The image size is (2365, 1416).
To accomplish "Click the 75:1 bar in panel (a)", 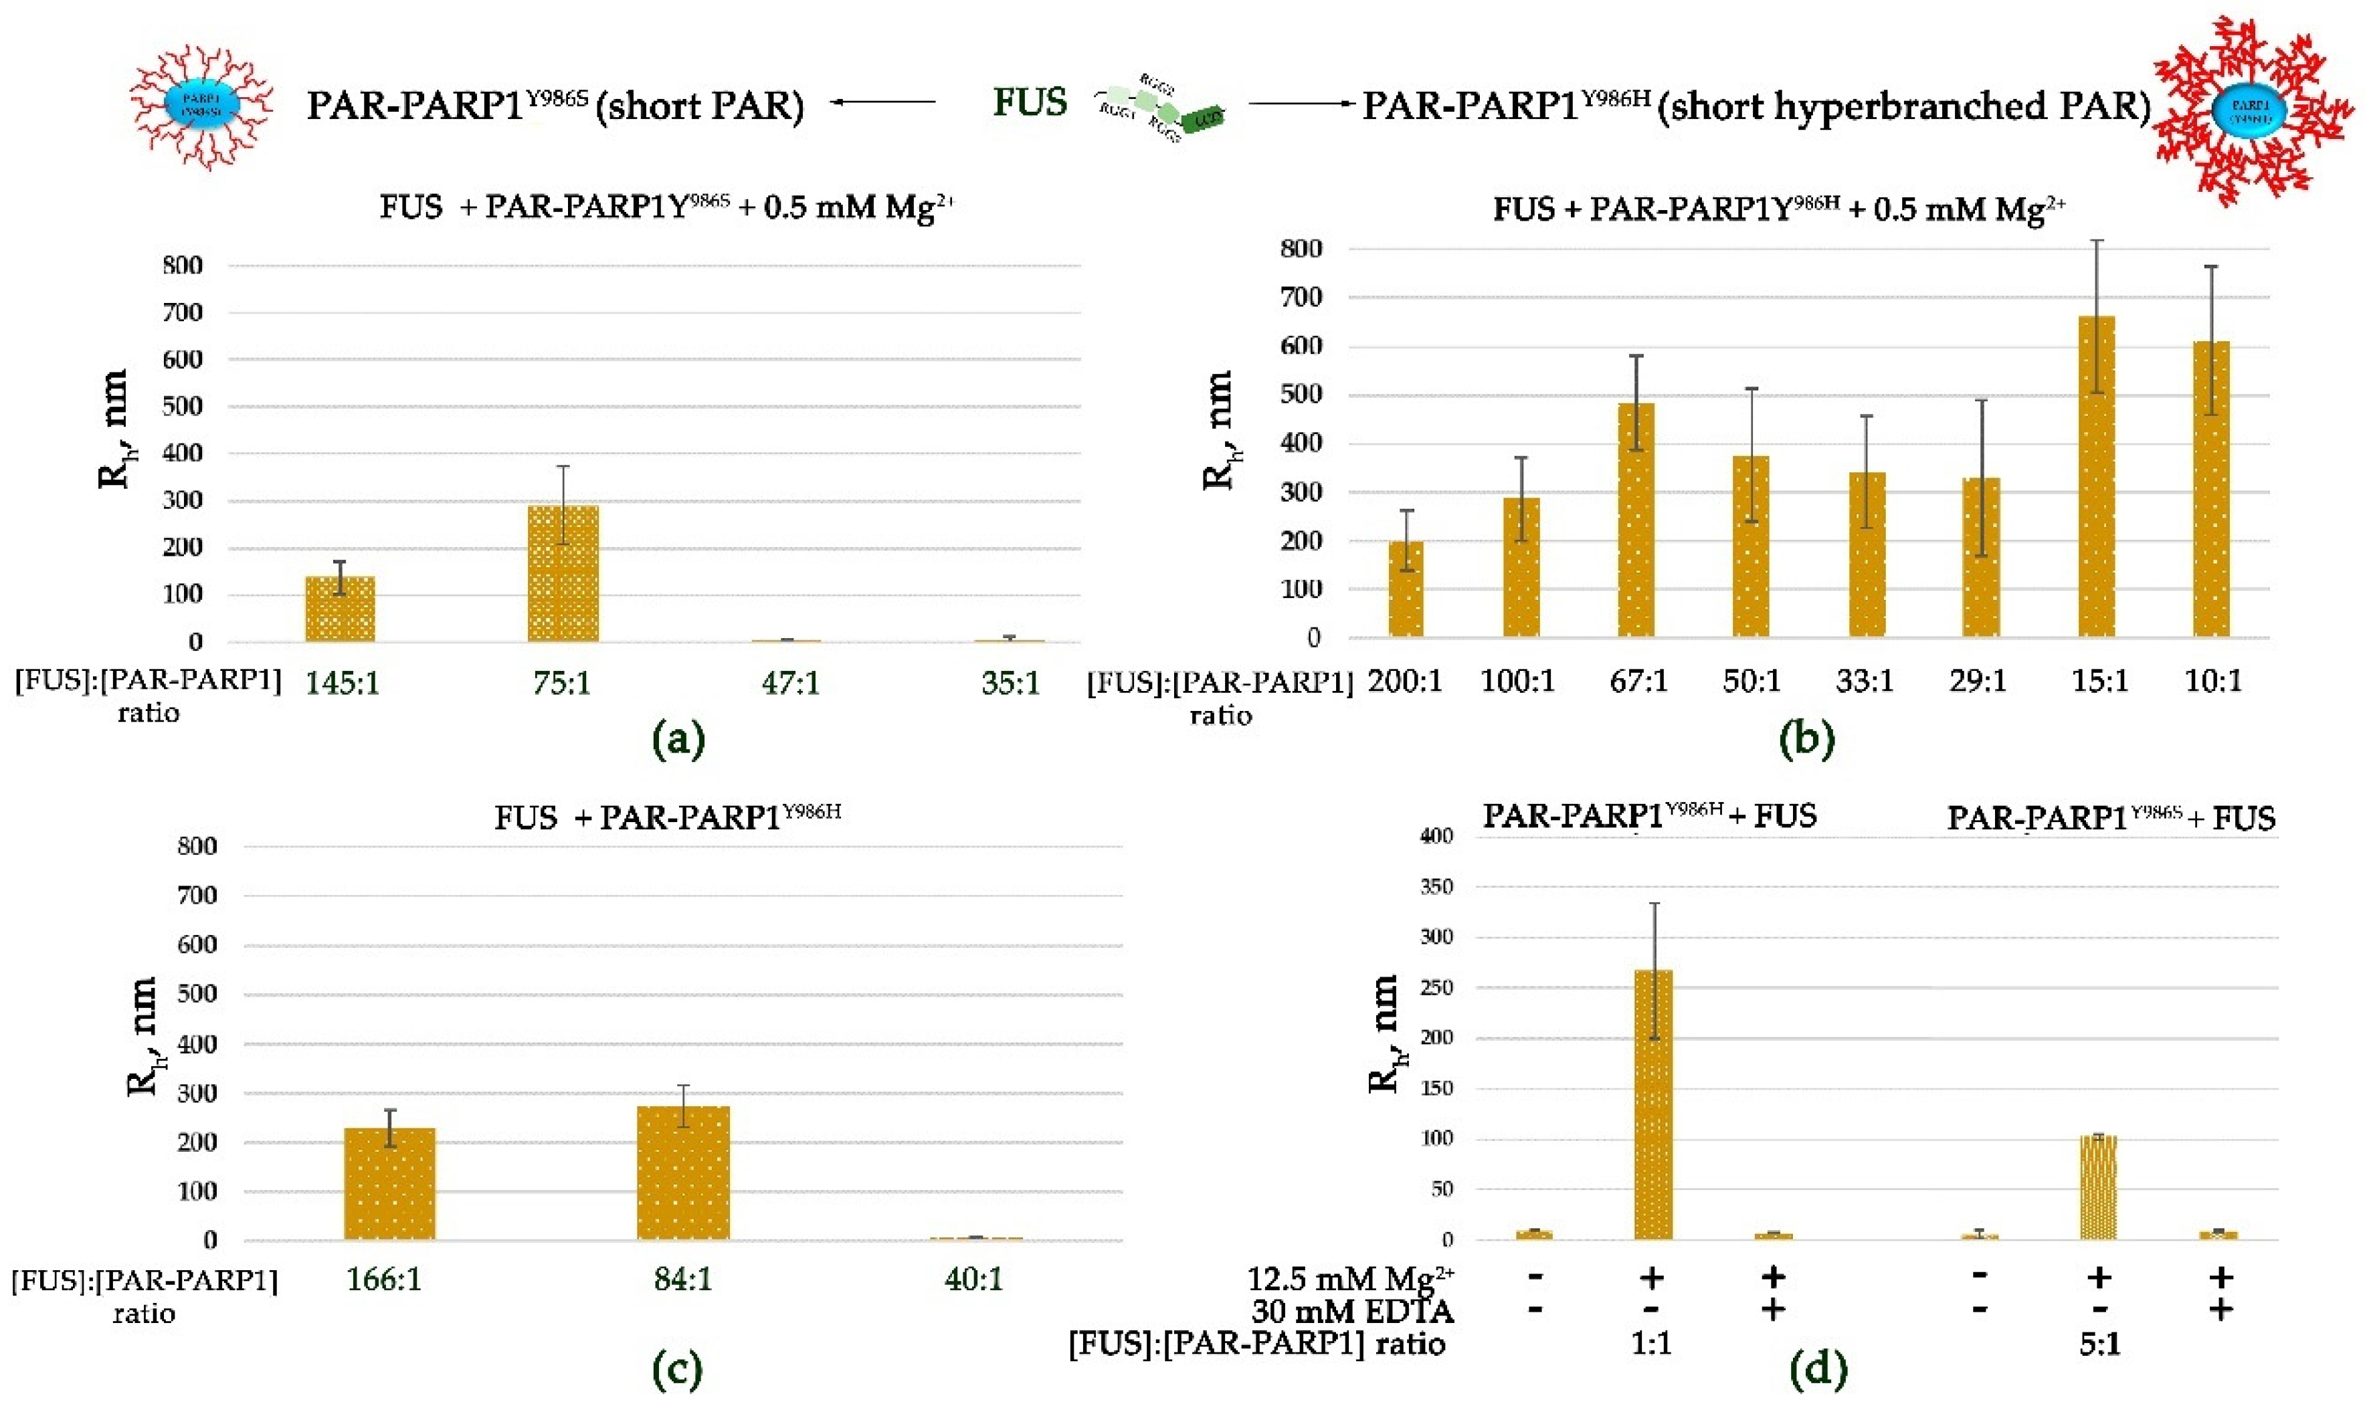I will [563, 573].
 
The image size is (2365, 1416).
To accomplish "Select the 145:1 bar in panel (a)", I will [340, 609].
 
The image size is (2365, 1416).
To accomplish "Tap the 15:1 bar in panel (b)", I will [2097, 477].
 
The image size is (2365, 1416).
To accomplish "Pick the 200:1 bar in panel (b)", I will [1406, 589].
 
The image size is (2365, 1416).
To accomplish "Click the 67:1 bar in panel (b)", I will [1636, 520].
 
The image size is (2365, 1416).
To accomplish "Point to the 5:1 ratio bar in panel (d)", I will [2098, 1187].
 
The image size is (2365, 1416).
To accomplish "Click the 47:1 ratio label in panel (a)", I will [790, 683].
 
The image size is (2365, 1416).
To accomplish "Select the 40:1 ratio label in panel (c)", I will [973, 1279].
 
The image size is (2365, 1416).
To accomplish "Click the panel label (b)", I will [1806, 738].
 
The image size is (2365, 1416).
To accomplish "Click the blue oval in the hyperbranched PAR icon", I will [2248, 112].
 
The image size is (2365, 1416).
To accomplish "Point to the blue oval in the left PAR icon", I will [201, 105].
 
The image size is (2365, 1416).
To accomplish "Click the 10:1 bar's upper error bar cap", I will [2210, 267].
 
